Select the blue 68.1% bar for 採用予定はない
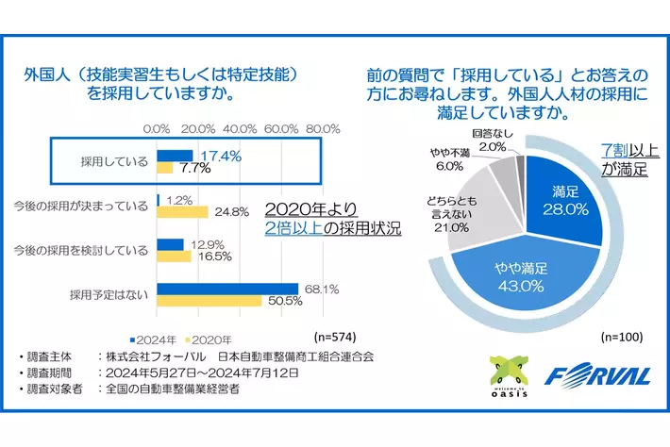[x=226, y=289]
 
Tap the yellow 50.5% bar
[x=209, y=302]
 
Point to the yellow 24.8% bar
[x=182, y=211]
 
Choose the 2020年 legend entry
[x=209, y=339]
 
